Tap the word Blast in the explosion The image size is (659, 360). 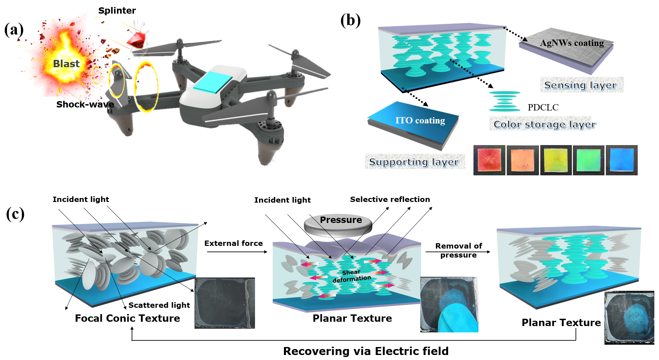66,64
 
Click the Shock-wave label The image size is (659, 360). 85,104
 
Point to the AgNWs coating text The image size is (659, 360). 572,43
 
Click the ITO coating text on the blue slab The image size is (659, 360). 420,120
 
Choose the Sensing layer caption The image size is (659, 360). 581,85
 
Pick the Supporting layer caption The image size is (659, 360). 414,162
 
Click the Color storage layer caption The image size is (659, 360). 545,124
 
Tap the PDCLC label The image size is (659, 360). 543,107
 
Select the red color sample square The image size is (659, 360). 489,160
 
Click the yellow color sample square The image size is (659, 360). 556,160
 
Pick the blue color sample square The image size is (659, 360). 621,160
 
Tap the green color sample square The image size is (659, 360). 589,160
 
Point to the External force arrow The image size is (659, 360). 237,252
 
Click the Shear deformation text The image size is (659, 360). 351,276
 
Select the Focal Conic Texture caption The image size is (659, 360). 127,318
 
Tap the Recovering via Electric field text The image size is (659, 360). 366,351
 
